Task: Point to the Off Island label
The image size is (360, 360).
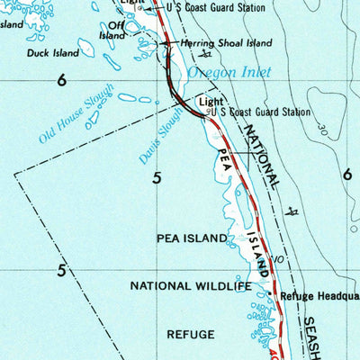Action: (x=112, y=31)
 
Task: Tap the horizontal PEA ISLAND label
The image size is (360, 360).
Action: (x=192, y=238)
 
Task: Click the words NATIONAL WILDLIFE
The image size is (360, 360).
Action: (x=191, y=286)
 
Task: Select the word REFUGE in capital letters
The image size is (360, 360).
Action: (x=191, y=334)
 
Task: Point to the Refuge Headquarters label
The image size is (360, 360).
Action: (x=319, y=295)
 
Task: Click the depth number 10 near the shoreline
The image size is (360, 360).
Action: (x=279, y=259)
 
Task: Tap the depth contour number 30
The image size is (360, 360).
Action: (x=323, y=127)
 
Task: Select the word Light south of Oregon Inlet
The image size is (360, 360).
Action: (x=210, y=102)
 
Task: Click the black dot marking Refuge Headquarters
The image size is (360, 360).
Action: (x=270, y=292)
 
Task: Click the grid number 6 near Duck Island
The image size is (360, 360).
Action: (x=61, y=80)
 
